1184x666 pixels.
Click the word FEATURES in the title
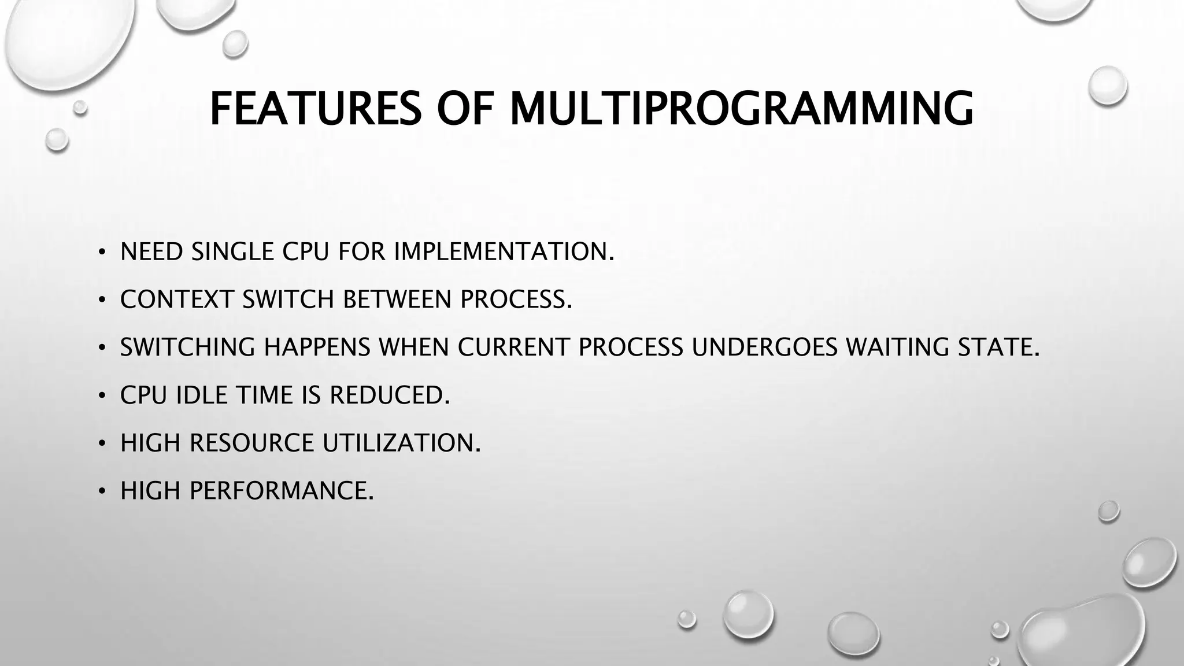(x=315, y=109)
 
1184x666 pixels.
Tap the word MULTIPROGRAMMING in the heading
(x=741, y=109)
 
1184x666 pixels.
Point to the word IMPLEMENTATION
(x=503, y=251)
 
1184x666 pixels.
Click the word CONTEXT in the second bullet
(x=177, y=299)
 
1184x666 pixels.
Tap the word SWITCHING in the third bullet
(x=187, y=347)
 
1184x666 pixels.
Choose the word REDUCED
(x=388, y=395)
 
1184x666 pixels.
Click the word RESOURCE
(x=251, y=443)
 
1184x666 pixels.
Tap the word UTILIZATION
(x=401, y=443)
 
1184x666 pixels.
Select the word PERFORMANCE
(x=281, y=491)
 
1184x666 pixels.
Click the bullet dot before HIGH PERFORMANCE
(x=102, y=492)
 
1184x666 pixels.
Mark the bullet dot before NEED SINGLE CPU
(x=102, y=253)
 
